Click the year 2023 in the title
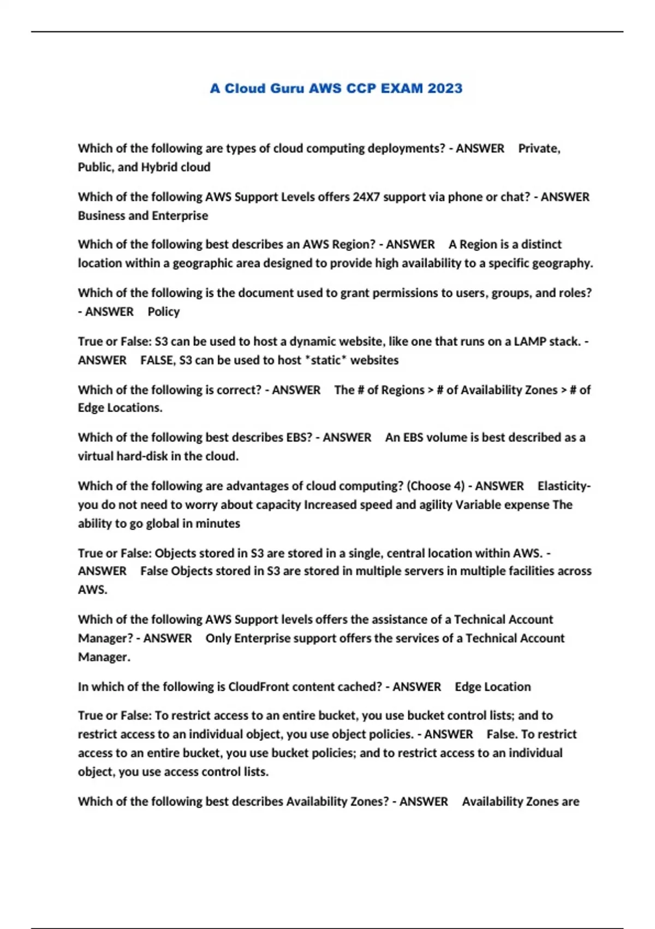click(445, 89)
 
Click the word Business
click(102, 216)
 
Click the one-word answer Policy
click(164, 311)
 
